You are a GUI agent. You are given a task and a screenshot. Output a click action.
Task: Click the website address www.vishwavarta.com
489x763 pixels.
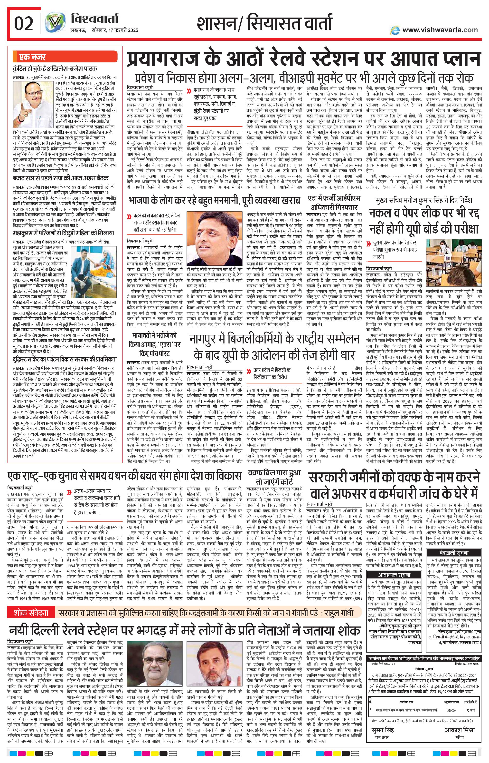point(440,30)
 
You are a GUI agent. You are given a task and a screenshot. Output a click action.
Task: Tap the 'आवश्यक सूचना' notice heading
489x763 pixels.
point(394,575)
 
